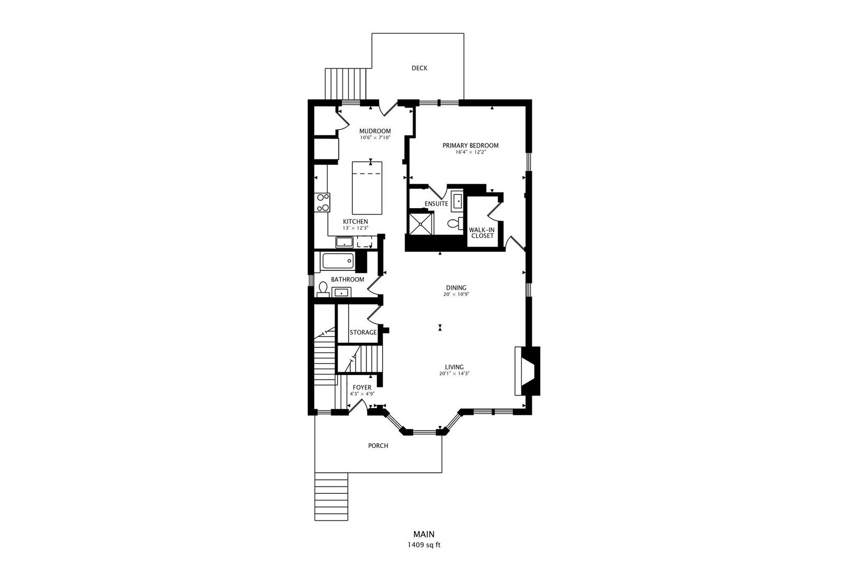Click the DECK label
[419, 68]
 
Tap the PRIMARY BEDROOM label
[471, 145]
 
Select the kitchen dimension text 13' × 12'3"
[355, 228]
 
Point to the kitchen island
[367, 188]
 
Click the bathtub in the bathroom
[338, 261]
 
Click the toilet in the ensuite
[455, 224]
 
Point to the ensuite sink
[457, 200]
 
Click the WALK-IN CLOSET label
[482, 233]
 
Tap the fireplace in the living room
[527, 371]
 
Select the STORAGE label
[363, 332]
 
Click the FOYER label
[362, 388]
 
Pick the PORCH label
[378, 446]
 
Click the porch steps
[331, 496]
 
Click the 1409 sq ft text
[424, 545]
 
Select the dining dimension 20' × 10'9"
[456, 295]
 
